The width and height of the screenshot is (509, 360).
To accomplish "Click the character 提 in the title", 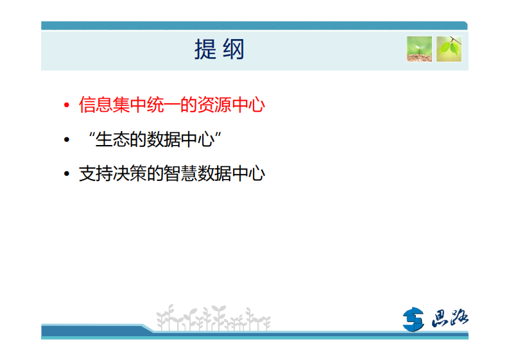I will [x=205, y=49].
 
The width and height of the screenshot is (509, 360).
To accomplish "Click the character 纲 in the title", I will [x=234, y=49].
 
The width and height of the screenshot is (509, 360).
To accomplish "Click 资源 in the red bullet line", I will [x=218, y=105].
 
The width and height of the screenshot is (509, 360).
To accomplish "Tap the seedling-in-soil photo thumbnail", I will [x=419, y=49].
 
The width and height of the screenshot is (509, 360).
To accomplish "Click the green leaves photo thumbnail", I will [x=449, y=49].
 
